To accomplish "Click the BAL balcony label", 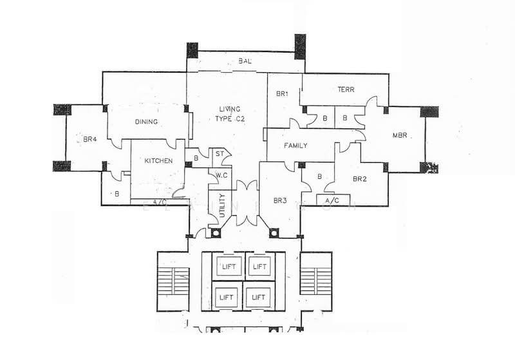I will [245, 61].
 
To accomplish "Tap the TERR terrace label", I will [346, 90].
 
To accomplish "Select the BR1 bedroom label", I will [281, 94].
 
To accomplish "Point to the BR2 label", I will [360, 179].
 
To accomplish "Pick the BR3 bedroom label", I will [279, 201].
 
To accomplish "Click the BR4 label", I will [90, 138].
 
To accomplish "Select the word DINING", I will [147, 122].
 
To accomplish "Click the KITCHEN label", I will [158, 160].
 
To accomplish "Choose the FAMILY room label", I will [295, 146].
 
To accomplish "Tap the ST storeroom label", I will [220, 154].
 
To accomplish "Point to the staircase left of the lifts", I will [174, 281].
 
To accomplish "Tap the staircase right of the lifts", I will [315, 281].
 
